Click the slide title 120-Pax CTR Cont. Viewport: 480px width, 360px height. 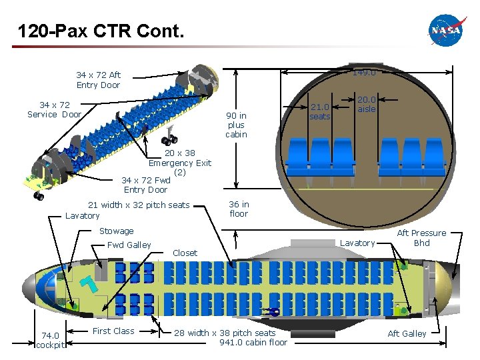pos(100,31)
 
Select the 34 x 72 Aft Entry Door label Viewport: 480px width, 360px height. pos(98,80)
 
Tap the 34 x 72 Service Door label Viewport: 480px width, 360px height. pos(54,109)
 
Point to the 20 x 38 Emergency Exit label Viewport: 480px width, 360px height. pos(179,163)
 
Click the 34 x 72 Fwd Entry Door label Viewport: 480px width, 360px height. pos(145,185)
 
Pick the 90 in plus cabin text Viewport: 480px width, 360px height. pos(236,125)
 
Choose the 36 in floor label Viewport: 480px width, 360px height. pos(239,209)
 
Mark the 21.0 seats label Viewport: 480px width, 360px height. pos(320,111)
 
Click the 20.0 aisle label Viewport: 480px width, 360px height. pos(367,104)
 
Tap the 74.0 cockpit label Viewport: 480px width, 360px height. pos(50,340)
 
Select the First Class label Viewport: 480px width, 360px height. pos(113,331)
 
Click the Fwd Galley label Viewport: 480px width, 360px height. pos(129,245)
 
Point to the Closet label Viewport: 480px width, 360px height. pos(185,253)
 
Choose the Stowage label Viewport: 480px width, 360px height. pos(116,231)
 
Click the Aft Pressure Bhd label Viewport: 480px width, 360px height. pos(421,238)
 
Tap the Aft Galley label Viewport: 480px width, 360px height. pos(407,333)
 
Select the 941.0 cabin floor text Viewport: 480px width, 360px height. pos(253,343)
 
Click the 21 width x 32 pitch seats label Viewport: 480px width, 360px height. pos(139,205)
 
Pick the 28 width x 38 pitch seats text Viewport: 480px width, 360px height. pos(225,333)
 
